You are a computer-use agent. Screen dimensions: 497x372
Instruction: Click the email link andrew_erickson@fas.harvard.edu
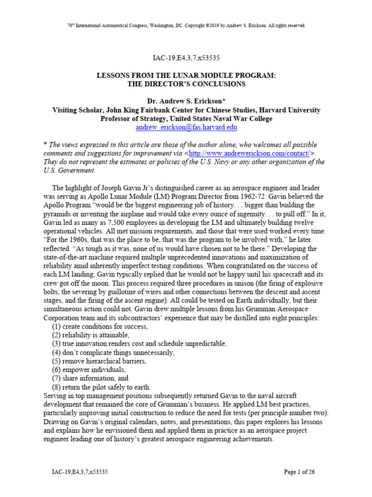pyautogui.click(x=186, y=128)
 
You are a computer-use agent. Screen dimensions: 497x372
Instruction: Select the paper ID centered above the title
pyautogui.click(x=186, y=58)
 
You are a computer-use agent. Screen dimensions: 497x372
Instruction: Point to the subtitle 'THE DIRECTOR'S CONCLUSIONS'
pyautogui.click(x=186, y=84)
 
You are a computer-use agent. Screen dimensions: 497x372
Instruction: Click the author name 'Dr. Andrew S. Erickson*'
pyautogui.click(x=186, y=101)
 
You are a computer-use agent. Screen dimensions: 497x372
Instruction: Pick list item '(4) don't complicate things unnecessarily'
pyautogui.click(x=113, y=352)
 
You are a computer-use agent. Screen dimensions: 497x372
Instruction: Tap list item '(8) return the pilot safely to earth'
pyautogui.click(x=103, y=387)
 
